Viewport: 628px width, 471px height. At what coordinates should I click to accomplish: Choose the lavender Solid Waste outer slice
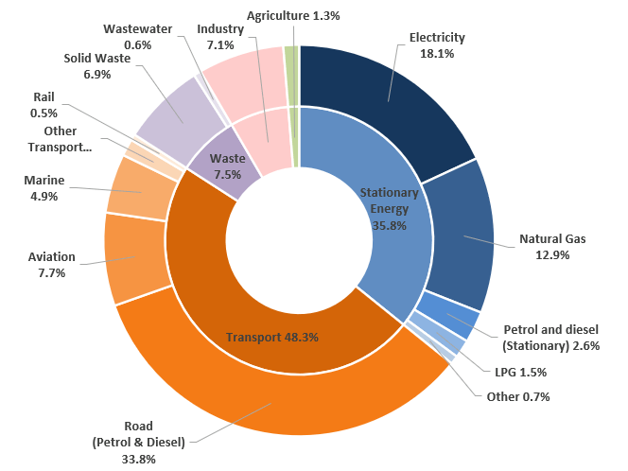(175, 113)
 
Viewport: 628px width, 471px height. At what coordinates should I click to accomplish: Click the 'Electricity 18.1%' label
(437, 45)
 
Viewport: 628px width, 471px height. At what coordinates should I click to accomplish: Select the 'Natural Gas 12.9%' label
(552, 247)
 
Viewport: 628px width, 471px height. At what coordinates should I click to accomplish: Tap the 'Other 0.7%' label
(518, 396)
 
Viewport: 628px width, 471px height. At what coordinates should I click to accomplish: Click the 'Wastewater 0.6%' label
(137, 37)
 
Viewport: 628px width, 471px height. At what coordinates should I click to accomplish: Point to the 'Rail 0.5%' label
(45, 105)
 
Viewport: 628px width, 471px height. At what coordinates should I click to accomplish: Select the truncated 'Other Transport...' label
(60, 139)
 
